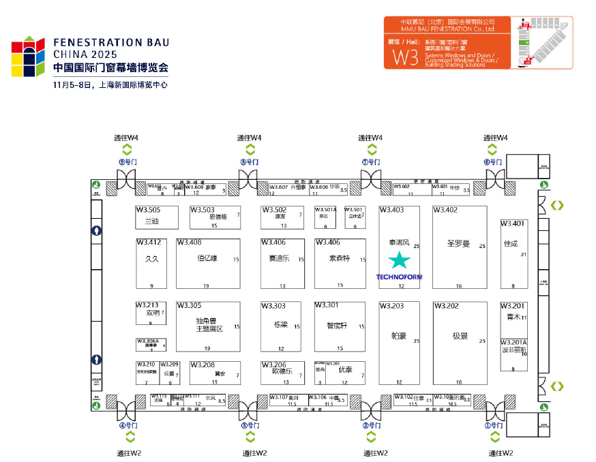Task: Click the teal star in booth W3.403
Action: coord(399,260)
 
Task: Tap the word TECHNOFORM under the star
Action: coord(399,277)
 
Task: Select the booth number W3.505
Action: coord(148,210)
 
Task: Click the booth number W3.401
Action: coord(513,224)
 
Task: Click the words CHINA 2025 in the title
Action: coord(85,54)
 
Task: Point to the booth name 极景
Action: coord(460,336)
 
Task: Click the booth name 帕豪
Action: coord(399,336)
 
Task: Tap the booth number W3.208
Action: coord(203,365)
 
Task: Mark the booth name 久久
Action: coord(152,259)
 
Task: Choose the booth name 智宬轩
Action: coord(337,326)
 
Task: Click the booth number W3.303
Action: coord(273,306)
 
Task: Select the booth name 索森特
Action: coord(338,259)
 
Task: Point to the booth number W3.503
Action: coord(203,210)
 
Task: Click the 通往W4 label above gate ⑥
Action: coord(496,138)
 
